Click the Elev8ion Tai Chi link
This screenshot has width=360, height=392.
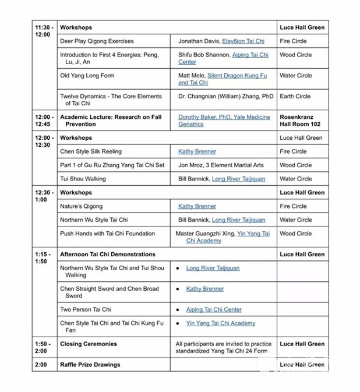click(x=243, y=41)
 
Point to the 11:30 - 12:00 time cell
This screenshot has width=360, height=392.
click(x=44, y=31)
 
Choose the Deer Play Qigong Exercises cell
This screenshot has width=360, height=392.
click(x=97, y=41)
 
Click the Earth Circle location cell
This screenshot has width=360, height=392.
click(x=295, y=96)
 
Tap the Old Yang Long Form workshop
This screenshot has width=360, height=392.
click(x=87, y=76)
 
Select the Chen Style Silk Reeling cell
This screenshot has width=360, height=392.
click(x=91, y=151)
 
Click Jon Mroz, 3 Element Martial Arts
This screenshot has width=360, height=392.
click(x=221, y=165)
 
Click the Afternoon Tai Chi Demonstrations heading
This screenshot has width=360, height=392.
click(x=108, y=255)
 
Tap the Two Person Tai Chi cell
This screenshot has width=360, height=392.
click(x=86, y=309)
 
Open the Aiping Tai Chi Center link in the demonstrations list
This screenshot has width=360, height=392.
click(x=213, y=309)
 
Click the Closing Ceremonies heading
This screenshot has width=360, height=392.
click(x=89, y=344)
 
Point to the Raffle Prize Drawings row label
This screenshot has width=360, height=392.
click(x=90, y=365)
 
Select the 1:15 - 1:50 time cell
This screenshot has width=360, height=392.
click(x=44, y=258)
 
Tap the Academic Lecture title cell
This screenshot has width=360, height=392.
click(x=111, y=120)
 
